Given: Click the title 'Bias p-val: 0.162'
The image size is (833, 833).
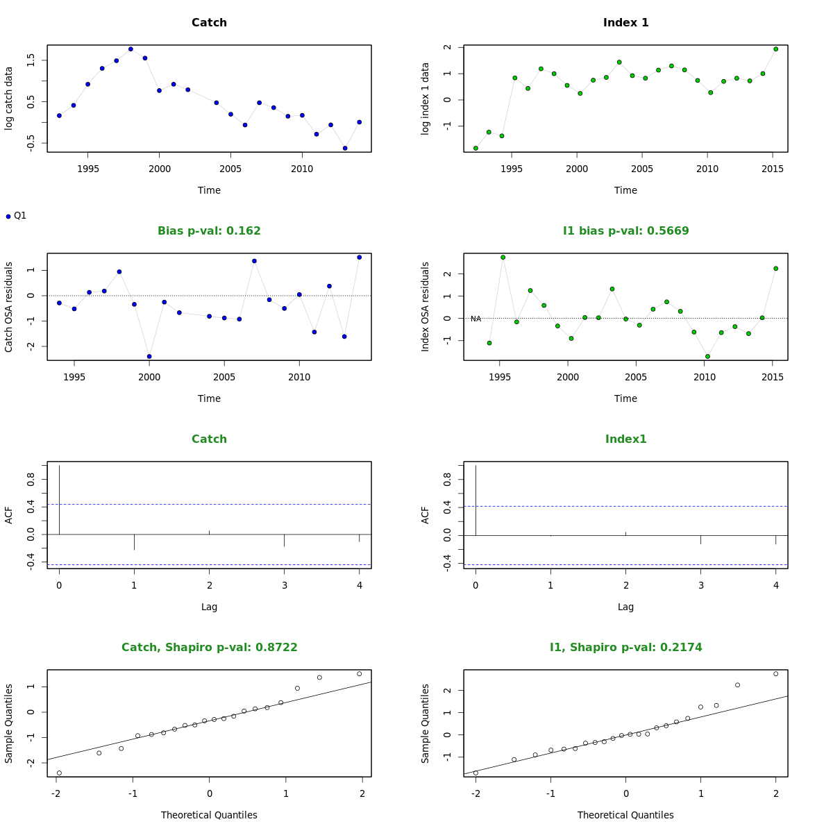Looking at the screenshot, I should pyautogui.click(x=209, y=231).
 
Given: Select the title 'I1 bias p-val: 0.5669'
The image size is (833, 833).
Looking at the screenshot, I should pyautogui.click(x=625, y=231).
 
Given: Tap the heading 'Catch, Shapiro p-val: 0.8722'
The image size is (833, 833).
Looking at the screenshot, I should pyautogui.click(x=209, y=648).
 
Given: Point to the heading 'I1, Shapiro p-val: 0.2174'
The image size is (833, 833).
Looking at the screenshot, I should pyautogui.click(x=625, y=648).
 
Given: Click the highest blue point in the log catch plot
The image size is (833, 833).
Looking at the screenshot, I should pyautogui.click(x=131, y=49).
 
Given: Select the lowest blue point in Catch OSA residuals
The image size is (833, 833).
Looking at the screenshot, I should pyautogui.click(x=149, y=357).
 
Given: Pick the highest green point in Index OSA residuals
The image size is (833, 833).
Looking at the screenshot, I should pyautogui.click(x=503, y=258).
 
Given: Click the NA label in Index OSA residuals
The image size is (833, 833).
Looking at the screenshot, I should pyautogui.click(x=476, y=319).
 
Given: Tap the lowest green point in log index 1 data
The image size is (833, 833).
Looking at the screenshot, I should pyautogui.click(x=476, y=148).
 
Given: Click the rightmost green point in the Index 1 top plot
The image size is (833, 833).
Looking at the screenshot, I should pyautogui.click(x=776, y=49).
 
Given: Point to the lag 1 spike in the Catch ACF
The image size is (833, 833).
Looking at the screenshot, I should pyautogui.click(x=134, y=542).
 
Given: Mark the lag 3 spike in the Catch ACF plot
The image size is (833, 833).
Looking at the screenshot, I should pyautogui.click(x=284, y=540).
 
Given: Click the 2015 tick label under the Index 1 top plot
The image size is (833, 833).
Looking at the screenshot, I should pyautogui.click(x=773, y=169).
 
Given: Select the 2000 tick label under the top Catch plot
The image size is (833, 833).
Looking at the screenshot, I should pyautogui.click(x=159, y=169).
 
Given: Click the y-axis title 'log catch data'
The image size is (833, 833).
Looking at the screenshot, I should pyautogui.click(x=9, y=98).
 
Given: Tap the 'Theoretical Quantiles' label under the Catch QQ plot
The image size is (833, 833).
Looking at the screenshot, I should pyautogui.click(x=209, y=815).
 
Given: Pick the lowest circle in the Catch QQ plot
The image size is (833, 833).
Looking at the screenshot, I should pyautogui.click(x=59, y=773).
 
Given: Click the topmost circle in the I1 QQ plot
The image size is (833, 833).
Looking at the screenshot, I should pyautogui.click(x=776, y=674).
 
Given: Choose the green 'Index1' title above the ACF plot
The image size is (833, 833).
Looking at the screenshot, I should pyautogui.click(x=625, y=439).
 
